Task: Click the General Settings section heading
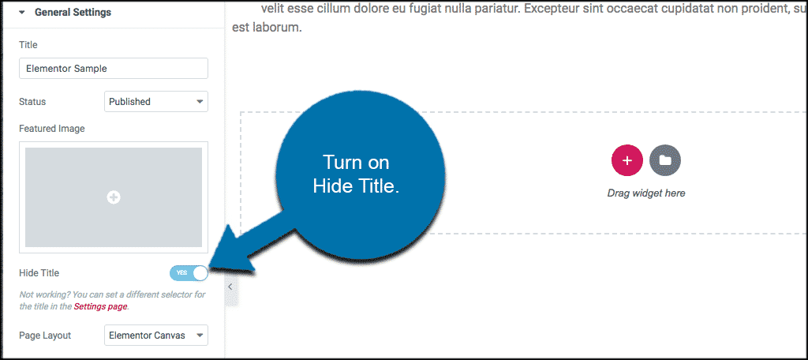coord(73,13)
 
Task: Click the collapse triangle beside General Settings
coord(23,13)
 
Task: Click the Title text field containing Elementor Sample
coord(113,69)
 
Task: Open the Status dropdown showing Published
coord(155,101)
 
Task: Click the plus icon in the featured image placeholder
coord(114,197)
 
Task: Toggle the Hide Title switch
coord(189,273)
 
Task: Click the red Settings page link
coord(100,306)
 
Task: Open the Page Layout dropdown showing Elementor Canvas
coord(155,336)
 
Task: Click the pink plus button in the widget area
coord(627,160)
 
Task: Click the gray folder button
coord(665,160)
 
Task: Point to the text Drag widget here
coord(646,193)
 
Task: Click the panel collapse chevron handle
coord(230,287)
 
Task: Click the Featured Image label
coord(52,128)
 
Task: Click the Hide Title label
coord(39,273)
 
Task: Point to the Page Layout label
coord(45,336)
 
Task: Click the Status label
coord(32,101)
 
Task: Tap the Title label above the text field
coord(28,45)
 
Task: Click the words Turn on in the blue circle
coord(356,163)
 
